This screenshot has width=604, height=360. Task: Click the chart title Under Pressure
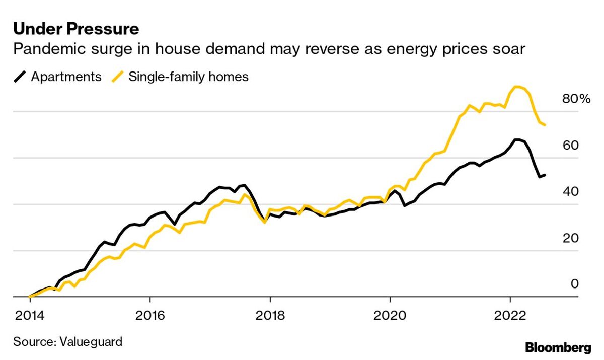point(75,29)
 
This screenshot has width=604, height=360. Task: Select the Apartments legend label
point(66,77)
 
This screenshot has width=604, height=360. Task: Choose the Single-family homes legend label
point(188,77)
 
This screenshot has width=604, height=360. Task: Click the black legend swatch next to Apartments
point(20,77)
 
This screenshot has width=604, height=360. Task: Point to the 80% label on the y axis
point(575,99)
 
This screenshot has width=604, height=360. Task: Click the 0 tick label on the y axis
point(574,284)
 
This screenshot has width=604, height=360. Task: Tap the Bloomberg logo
point(558,347)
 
